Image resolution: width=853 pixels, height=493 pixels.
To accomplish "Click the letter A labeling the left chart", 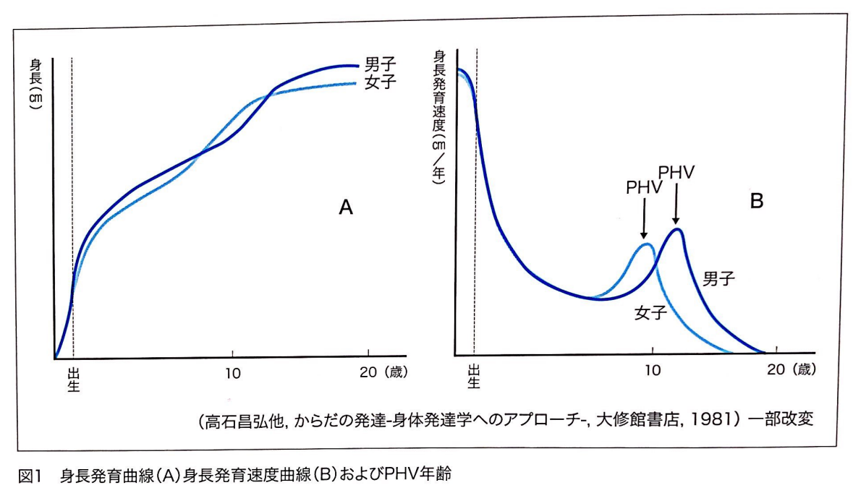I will pos(345,207).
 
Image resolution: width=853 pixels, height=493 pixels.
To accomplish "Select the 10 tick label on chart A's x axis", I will pos(232,373).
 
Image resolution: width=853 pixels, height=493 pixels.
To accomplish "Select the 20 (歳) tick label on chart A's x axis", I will pos(384,373).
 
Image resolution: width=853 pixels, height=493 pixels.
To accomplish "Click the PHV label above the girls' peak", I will pos(642,188).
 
